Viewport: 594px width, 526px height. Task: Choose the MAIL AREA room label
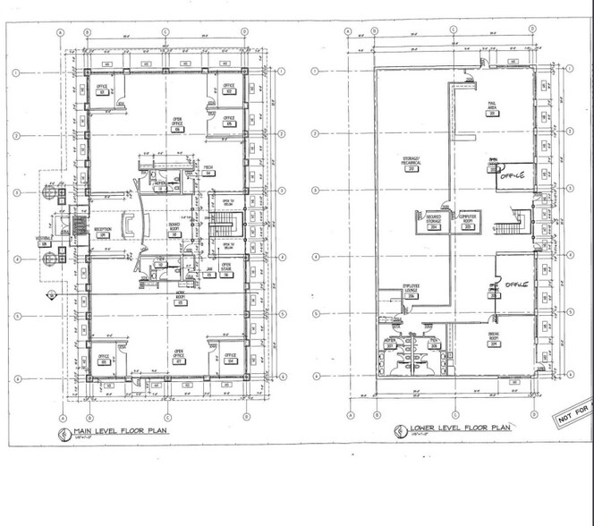(493, 108)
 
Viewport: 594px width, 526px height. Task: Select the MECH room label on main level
(208, 171)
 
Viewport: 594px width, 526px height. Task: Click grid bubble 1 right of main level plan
(282, 72)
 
